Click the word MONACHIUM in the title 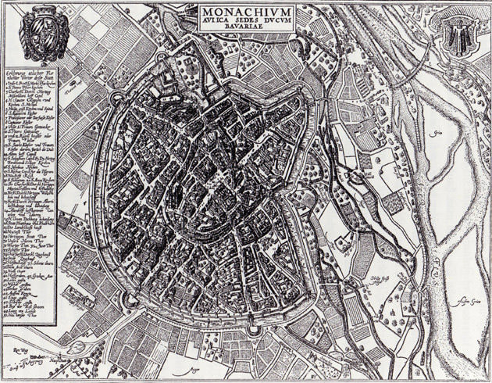click(244, 13)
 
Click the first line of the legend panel click(31, 72)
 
